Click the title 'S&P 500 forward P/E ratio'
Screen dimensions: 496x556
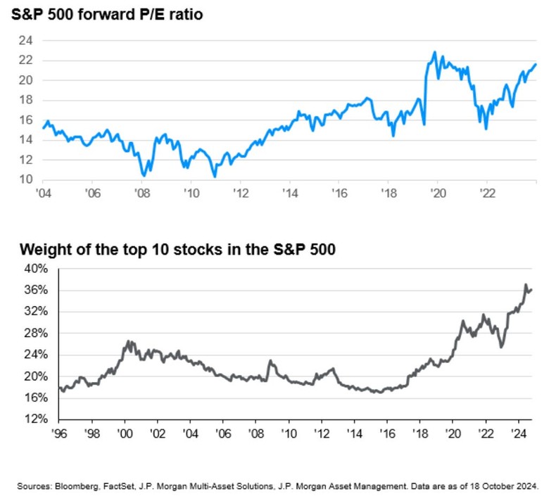tap(107, 14)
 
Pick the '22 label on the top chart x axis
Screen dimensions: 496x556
tap(485, 194)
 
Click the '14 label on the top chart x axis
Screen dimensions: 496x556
tap(289, 194)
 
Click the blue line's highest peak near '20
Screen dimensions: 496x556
tap(434, 52)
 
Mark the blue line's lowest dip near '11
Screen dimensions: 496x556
tap(213, 177)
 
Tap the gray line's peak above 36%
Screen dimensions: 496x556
tap(526, 284)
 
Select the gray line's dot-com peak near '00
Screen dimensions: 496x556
tap(128, 341)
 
